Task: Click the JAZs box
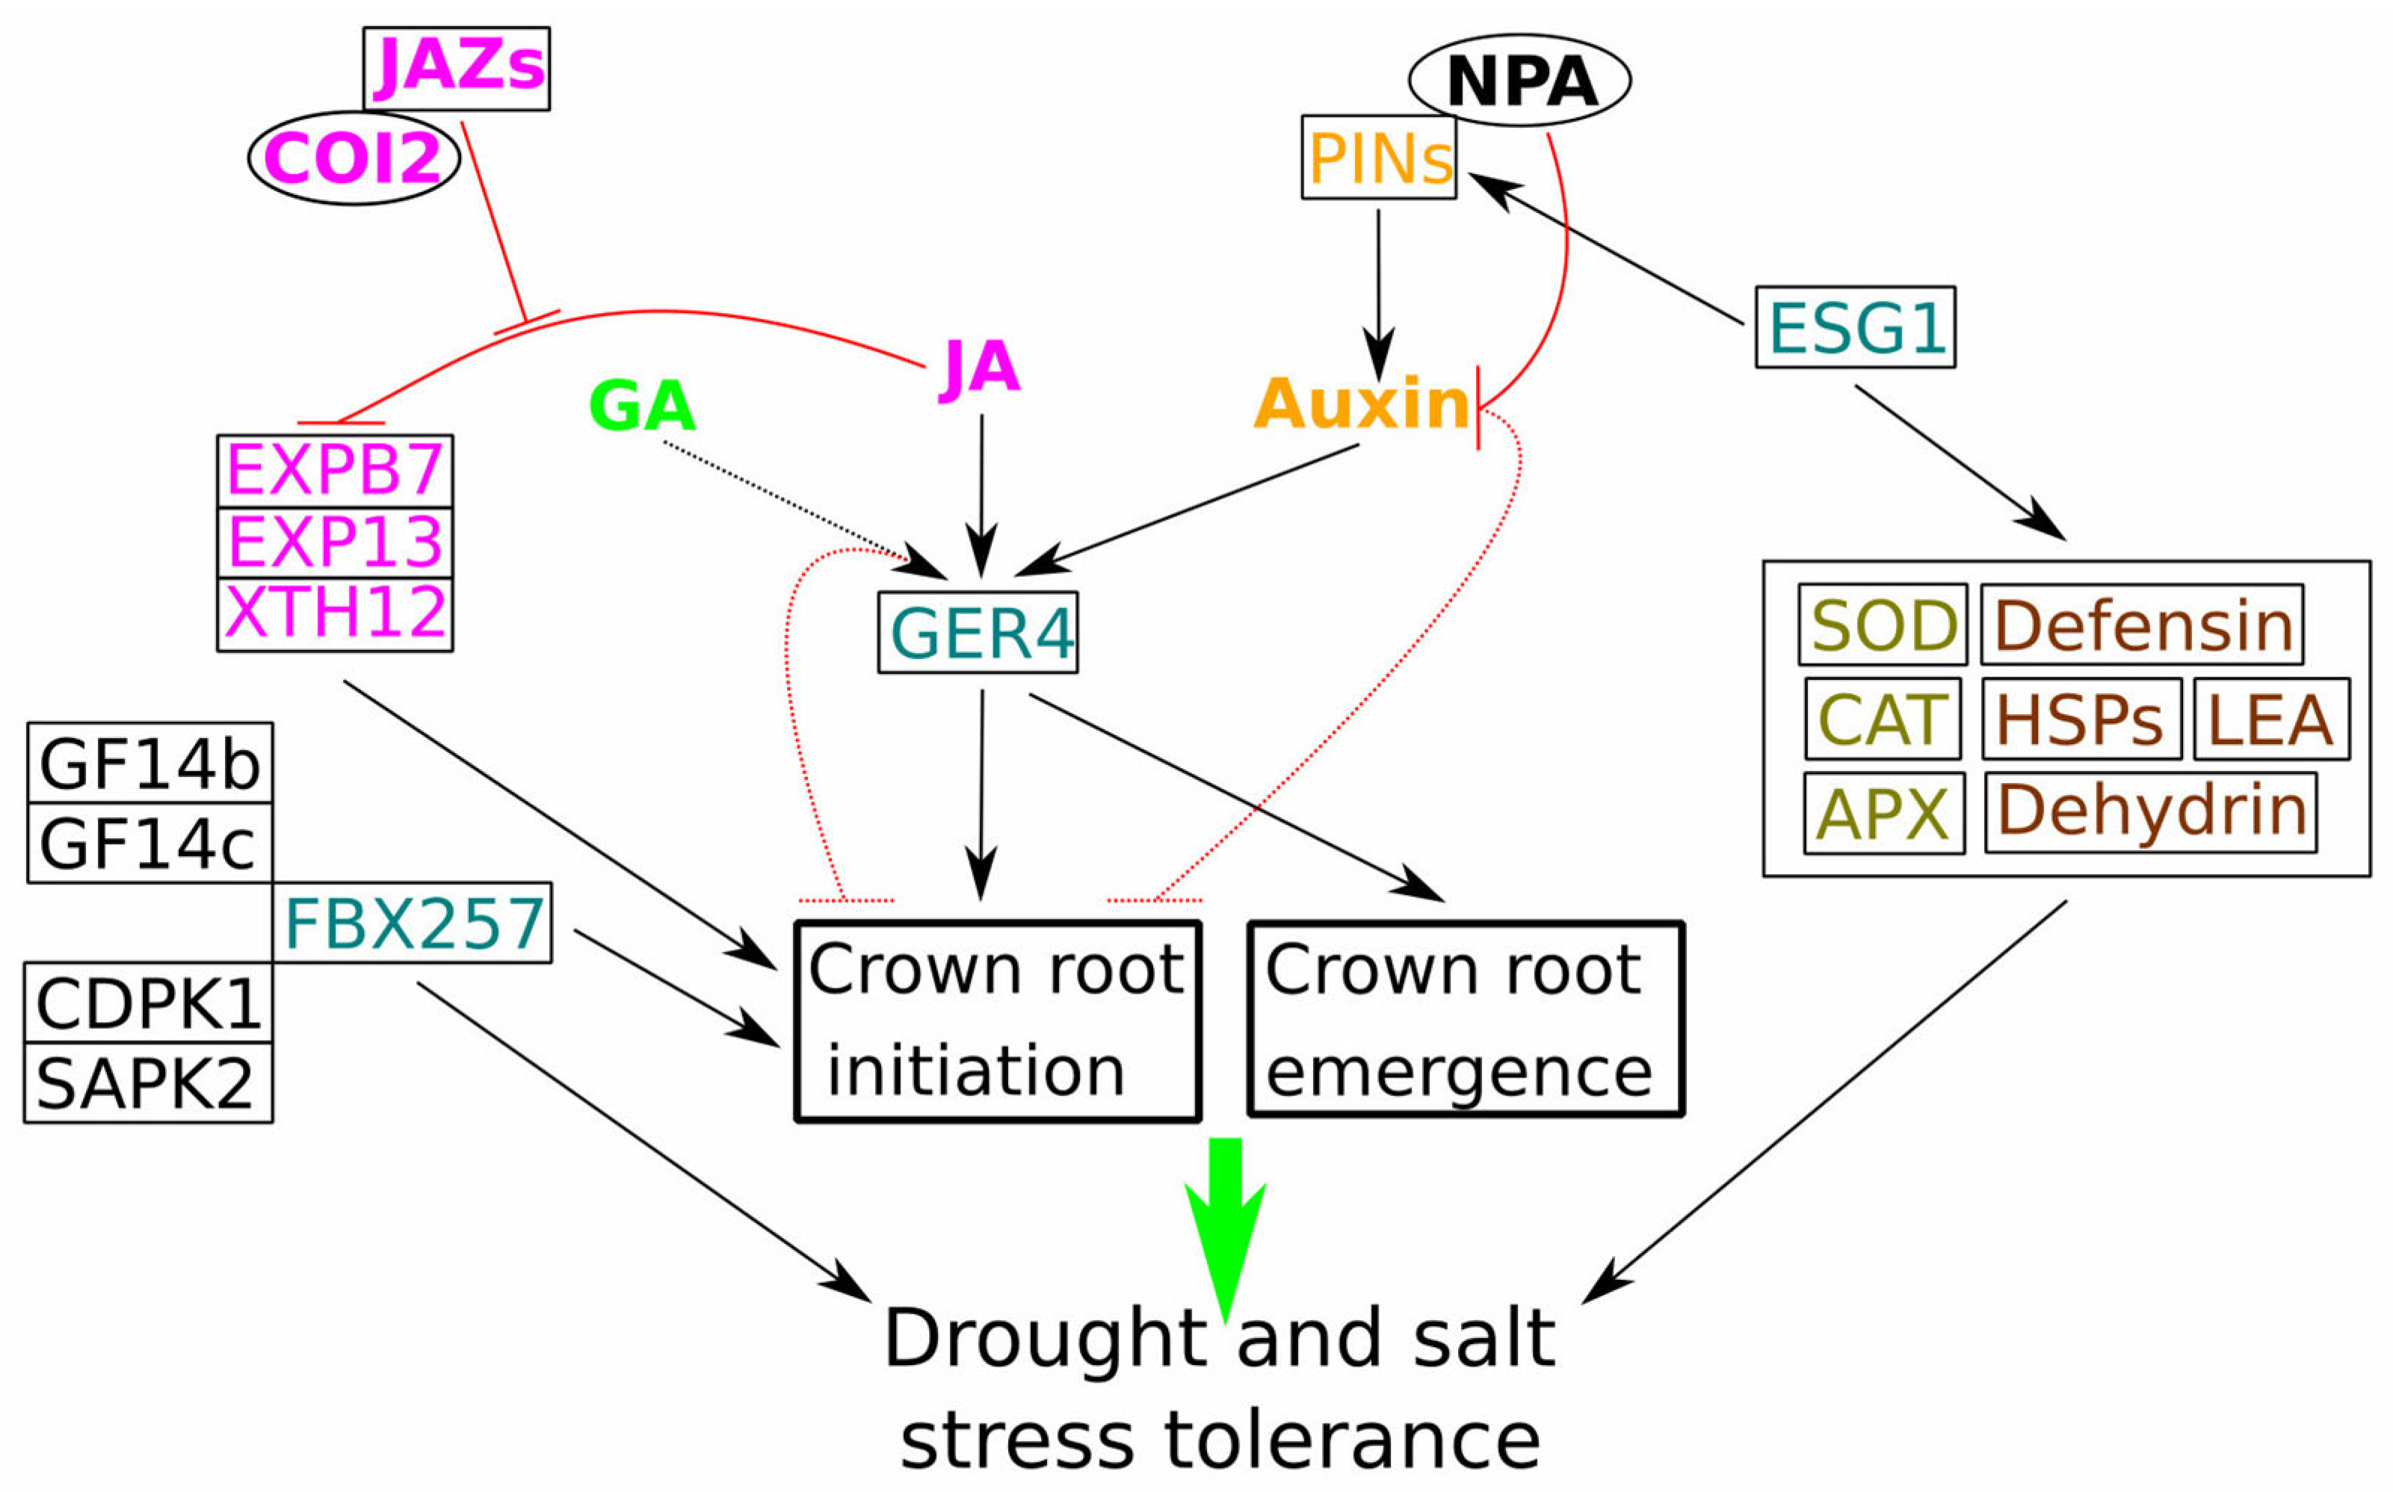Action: pos(456,68)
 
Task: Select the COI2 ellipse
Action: pos(353,158)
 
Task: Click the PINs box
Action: pos(1379,158)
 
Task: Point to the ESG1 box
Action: pos(1854,327)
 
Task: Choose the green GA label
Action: pos(641,406)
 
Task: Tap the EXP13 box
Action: pos(335,542)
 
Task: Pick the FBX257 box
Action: pos(413,923)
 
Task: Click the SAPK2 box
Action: pos(148,1083)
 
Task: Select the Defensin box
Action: pos(2141,625)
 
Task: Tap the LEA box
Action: pos(2270,719)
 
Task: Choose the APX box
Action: pos(1883,813)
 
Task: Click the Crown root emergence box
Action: pos(1466,1018)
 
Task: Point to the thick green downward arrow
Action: pos(1225,1224)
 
